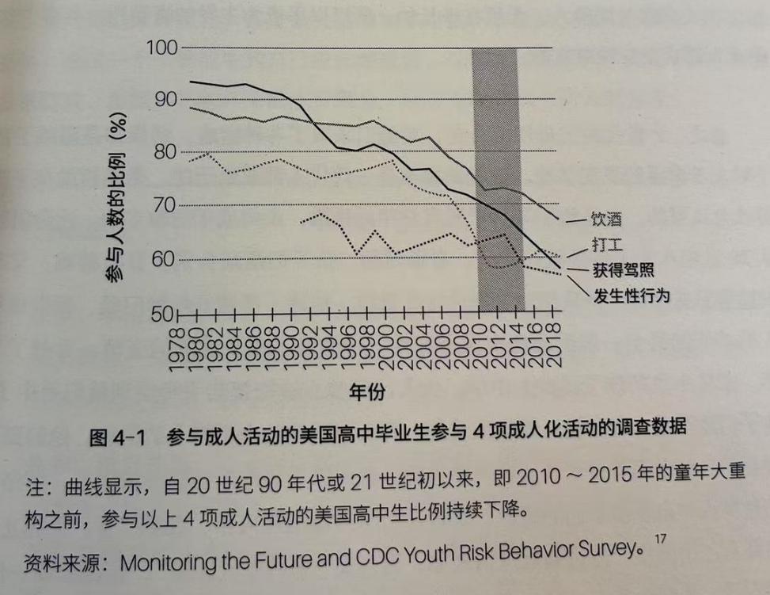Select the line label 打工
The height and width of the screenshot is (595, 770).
coord(606,244)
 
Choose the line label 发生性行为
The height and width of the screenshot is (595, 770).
coord(631,296)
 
